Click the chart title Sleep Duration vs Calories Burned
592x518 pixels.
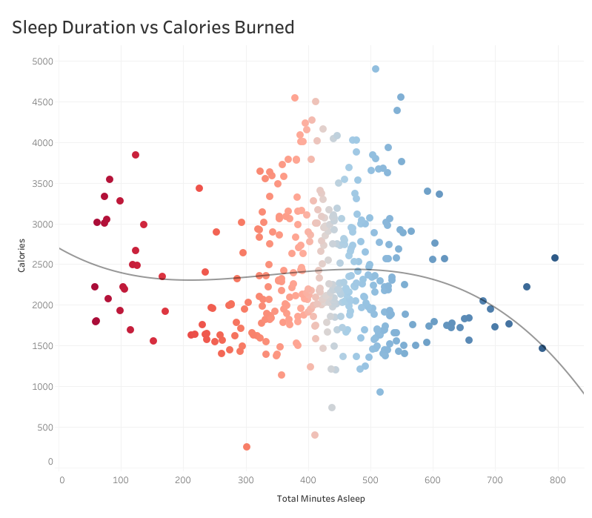(153, 27)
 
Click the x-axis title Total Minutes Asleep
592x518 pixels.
(321, 499)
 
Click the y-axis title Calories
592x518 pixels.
(23, 255)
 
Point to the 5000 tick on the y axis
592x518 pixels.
(41, 62)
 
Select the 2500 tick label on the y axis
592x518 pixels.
(41, 265)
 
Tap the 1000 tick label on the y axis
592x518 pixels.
(41, 387)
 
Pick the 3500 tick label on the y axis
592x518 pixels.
(41, 183)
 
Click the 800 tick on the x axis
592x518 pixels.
(557, 480)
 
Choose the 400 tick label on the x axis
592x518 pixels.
(309, 480)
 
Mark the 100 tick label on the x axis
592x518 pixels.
(123, 480)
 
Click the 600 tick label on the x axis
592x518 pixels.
(433, 480)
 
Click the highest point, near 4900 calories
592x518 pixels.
(376, 69)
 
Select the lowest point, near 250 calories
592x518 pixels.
(247, 447)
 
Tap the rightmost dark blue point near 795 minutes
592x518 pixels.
(555, 258)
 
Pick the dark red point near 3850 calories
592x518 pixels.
(136, 155)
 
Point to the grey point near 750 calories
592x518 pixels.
(332, 408)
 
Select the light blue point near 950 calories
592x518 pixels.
(380, 392)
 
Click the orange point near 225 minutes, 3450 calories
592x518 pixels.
(199, 188)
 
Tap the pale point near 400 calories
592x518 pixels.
(315, 435)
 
